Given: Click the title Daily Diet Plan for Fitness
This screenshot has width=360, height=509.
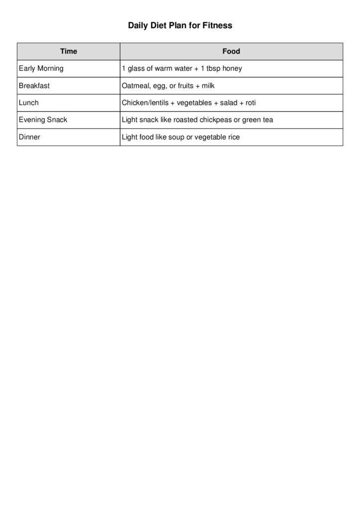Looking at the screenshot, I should click(180, 25).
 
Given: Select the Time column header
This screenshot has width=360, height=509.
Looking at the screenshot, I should click(69, 51).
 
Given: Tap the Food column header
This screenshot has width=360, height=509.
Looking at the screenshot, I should click(231, 51).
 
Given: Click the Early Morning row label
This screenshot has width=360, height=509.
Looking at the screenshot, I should click(41, 69).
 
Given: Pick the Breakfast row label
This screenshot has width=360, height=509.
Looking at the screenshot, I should click(34, 85).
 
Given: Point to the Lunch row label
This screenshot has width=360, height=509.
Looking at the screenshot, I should click(29, 103).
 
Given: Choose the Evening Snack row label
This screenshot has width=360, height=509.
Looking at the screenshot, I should click(43, 120).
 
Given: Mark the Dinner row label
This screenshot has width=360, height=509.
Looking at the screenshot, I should click(30, 137).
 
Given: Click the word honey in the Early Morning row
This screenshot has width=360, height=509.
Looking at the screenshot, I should click(232, 69).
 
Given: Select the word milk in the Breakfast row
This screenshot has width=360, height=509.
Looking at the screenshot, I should click(208, 85).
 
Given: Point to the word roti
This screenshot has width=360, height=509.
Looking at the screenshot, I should click(251, 103).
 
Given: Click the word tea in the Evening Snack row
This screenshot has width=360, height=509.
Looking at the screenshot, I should click(268, 120).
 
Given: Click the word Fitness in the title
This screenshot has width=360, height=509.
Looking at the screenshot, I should click(217, 25).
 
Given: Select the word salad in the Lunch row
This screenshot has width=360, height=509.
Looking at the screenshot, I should click(229, 103).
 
